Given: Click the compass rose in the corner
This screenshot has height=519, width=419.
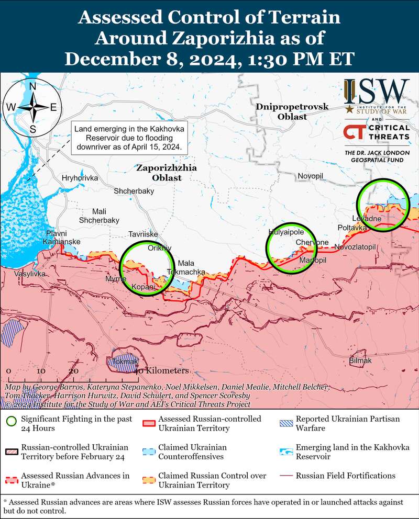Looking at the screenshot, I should (x=32, y=107).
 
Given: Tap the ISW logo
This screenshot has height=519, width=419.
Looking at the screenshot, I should (x=377, y=92).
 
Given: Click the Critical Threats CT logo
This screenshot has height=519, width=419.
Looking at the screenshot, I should (x=376, y=131).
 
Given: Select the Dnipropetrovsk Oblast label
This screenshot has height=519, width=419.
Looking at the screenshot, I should (x=292, y=111).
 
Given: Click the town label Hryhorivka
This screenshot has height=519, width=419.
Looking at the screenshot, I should (x=80, y=178).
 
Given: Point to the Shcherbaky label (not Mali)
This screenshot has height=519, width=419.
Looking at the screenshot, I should (x=134, y=191).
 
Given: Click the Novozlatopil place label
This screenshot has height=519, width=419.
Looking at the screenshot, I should (x=355, y=246).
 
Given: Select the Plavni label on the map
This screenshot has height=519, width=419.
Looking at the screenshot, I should (x=56, y=233).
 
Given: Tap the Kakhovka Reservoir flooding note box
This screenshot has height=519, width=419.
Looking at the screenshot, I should (x=129, y=138).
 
